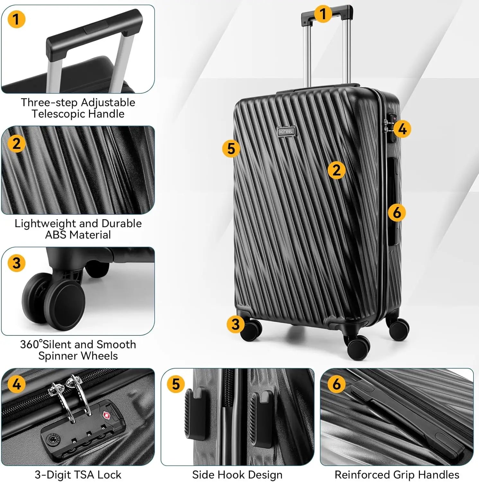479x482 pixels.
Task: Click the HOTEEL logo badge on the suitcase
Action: (286, 131)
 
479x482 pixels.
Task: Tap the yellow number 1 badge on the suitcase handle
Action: (323, 14)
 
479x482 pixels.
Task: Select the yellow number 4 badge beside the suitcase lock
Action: (402, 129)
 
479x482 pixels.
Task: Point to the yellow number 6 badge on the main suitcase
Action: (397, 212)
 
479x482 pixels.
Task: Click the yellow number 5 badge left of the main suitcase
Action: (231, 148)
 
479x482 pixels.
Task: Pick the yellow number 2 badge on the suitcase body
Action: (336, 170)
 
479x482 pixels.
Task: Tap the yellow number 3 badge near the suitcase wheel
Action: (235, 324)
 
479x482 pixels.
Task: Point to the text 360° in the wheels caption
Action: (31, 344)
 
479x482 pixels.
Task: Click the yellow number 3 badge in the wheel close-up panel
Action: (16, 263)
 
